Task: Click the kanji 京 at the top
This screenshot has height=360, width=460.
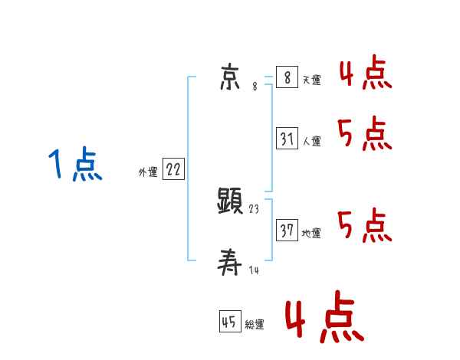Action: pos(231,77)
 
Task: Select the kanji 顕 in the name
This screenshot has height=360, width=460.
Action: pos(230,203)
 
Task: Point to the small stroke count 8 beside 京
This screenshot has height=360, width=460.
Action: pos(255,87)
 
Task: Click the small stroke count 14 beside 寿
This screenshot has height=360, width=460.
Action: pos(253,270)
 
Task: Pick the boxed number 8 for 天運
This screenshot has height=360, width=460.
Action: pos(287,77)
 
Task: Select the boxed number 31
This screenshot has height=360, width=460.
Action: pos(287,139)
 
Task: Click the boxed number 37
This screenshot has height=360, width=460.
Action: pos(287,231)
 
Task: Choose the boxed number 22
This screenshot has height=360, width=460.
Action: pos(173,170)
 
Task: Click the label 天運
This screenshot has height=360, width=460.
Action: pos(311,80)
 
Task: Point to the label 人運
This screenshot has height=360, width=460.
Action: pos(311,142)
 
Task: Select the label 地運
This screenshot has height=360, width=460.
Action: pos(311,234)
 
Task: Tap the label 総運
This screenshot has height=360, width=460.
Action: pos(255,325)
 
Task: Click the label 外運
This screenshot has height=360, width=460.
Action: pos(148,173)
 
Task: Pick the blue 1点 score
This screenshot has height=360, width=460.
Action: pos(74,166)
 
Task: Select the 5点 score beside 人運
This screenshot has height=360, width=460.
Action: pos(365,136)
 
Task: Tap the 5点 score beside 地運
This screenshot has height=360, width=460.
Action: pos(365,226)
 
